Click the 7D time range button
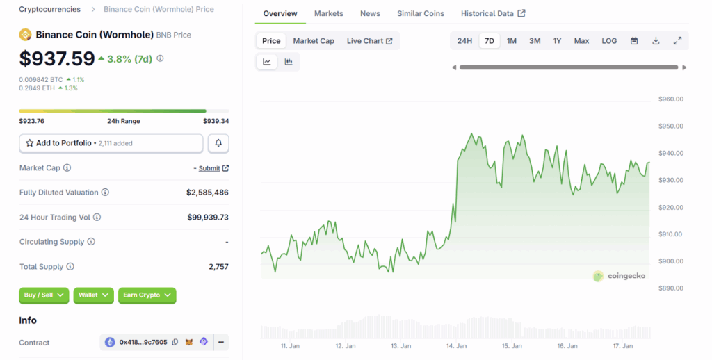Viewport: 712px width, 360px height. coord(489,41)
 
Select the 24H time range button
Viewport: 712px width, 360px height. coord(464,41)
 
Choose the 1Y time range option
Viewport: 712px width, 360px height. coord(557,41)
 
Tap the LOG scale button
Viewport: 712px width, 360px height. coord(609,41)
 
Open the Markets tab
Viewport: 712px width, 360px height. coord(328,13)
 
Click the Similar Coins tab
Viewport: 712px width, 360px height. coord(421,13)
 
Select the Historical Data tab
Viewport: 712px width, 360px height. coord(493,13)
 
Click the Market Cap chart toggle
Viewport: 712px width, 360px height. coord(314,41)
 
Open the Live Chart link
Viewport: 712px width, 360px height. coord(369,41)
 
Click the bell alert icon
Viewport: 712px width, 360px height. coord(218,143)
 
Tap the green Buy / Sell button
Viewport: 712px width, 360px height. coord(44,295)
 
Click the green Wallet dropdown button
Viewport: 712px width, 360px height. coord(93,295)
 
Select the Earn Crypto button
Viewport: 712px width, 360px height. coord(147,295)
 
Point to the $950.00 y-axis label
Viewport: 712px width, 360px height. coord(671,126)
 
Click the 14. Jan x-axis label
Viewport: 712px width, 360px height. coord(455,346)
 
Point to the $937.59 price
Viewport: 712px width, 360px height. coord(56,58)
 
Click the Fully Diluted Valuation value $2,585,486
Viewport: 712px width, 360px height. coord(207,193)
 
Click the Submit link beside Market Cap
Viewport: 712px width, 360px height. coord(209,168)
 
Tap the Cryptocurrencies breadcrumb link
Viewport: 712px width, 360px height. coord(49,10)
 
